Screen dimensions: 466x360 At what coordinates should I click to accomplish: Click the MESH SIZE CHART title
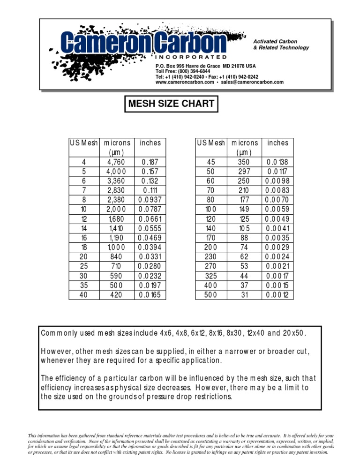[171, 104]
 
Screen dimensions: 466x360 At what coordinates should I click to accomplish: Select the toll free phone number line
[183, 71]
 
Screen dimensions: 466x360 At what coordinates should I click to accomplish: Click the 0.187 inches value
[150, 162]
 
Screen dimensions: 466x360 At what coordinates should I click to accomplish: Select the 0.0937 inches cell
[150, 200]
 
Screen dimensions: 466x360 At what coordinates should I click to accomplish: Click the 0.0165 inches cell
[150, 295]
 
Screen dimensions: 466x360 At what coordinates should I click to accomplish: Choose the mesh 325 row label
[211, 276]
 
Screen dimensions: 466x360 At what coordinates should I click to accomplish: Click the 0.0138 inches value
[278, 162]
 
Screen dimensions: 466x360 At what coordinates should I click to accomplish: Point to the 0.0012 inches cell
[278, 295]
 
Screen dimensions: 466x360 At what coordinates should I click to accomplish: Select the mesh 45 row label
[211, 162]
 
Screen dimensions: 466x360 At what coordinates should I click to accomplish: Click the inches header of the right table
[278, 143]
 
